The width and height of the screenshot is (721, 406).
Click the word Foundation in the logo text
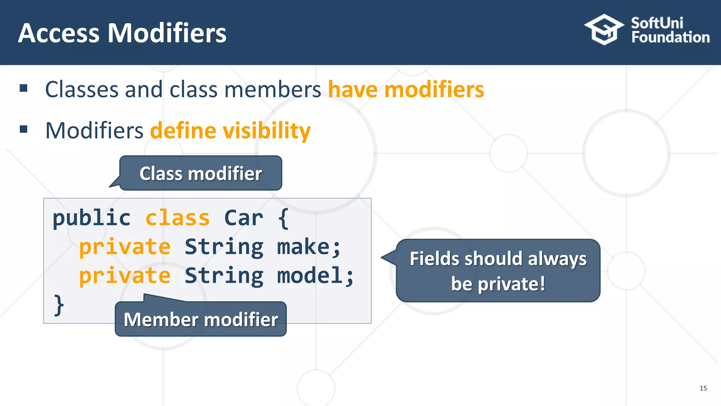[670, 37]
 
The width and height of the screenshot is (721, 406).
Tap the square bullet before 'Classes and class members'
[24, 88]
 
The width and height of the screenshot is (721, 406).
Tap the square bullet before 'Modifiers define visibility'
[24, 129]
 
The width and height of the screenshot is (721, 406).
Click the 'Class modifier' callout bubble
[201, 173]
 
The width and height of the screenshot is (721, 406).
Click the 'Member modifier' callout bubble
[201, 319]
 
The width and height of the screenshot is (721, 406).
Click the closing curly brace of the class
[59, 305]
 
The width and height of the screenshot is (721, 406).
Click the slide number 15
[703, 388]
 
